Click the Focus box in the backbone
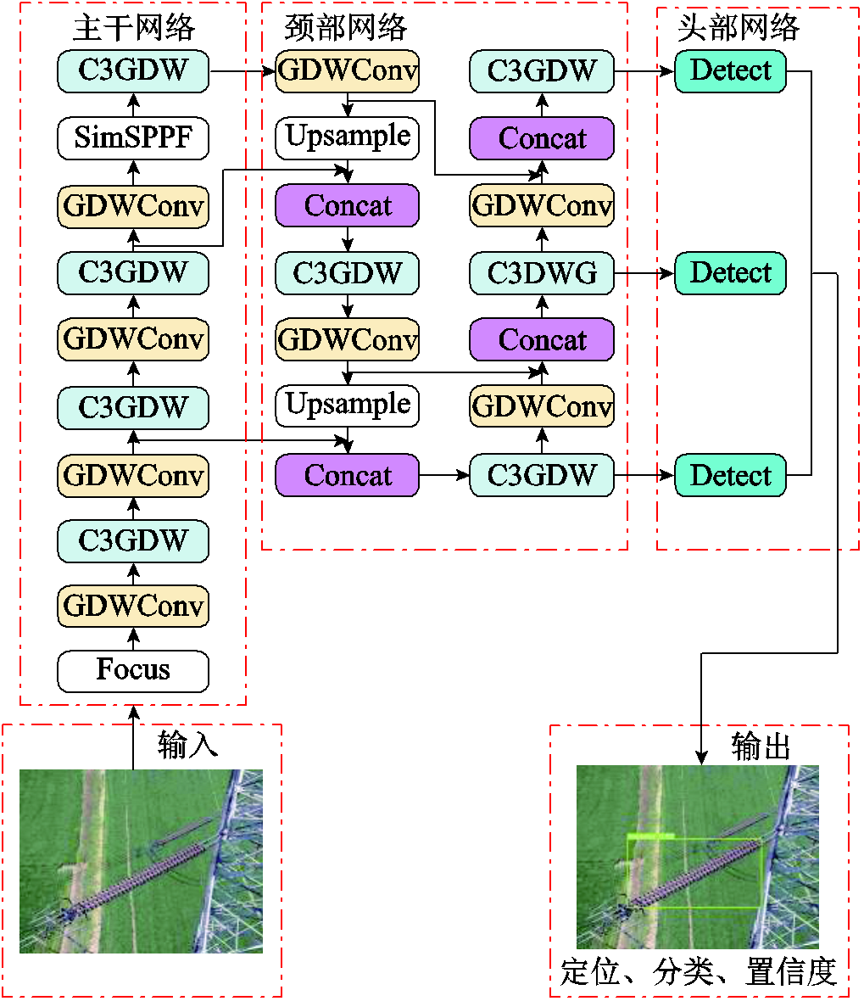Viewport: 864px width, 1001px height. tap(133, 671)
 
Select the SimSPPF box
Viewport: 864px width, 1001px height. tap(133, 137)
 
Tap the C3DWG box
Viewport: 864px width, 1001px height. tap(542, 273)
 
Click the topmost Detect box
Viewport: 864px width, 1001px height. tap(730, 71)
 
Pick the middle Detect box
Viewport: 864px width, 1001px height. tap(730, 273)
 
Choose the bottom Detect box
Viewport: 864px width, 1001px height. tap(730, 475)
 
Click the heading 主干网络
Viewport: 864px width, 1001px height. tap(134, 28)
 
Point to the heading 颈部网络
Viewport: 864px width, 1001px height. tap(346, 28)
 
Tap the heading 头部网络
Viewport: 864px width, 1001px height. tap(739, 28)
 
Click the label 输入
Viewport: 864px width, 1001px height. tap(187, 746)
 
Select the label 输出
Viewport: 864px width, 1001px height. tap(761, 747)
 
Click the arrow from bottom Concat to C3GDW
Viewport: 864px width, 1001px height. tap(443, 475)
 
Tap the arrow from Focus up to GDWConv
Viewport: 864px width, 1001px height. tap(133, 639)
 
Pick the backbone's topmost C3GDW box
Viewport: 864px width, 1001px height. tap(133, 71)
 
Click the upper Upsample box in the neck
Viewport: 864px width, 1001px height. tap(348, 137)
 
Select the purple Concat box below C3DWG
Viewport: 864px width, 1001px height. tap(542, 340)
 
